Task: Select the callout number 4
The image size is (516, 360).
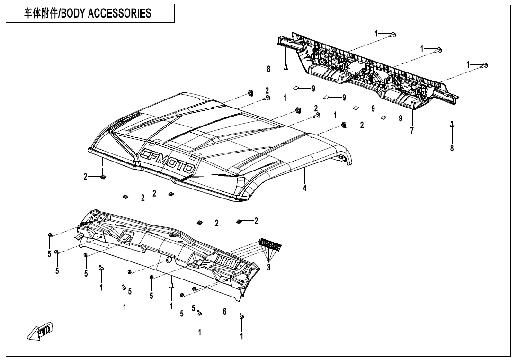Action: (x=305, y=188)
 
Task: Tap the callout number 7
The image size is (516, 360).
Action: (x=412, y=131)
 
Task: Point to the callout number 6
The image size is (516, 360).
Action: (x=225, y=311)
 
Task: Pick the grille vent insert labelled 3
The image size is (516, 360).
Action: (x=270, y=244)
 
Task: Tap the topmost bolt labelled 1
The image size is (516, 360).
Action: (x=393, y=34)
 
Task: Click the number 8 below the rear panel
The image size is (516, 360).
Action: (x=452, y=148)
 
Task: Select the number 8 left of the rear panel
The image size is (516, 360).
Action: (x=268, y=69)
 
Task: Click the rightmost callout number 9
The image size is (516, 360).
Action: (x=400, y=118)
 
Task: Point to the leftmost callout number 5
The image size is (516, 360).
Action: (x=49, y=254)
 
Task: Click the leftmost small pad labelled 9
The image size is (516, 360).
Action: (x=295, y=88)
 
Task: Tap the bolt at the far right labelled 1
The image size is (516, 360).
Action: (x=485, y=65)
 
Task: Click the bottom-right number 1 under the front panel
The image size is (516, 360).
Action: (x=241, y=336)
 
